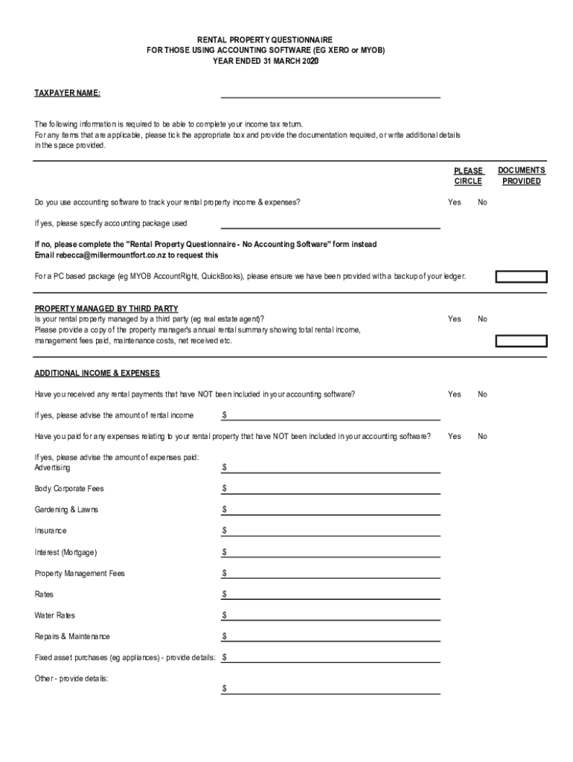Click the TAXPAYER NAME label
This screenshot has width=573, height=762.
click(67, 93)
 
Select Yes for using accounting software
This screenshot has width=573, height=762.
click(454, 202)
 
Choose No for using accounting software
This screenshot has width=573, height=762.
click(482, 202)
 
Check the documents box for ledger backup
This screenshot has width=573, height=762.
click(522, 277)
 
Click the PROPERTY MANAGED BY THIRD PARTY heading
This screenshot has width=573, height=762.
click(106, 309)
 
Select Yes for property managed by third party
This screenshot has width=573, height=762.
click(454, 319)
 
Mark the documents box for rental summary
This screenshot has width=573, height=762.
click(522, 341)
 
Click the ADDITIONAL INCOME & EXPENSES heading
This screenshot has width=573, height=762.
click(97, 373)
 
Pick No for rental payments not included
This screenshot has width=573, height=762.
click(482, 394)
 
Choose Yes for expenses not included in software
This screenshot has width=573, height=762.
click(454, 437)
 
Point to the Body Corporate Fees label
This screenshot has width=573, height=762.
click(69, 489)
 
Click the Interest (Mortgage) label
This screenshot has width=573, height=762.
click(65, 553)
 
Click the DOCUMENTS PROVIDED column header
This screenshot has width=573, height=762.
click(522, 176)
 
